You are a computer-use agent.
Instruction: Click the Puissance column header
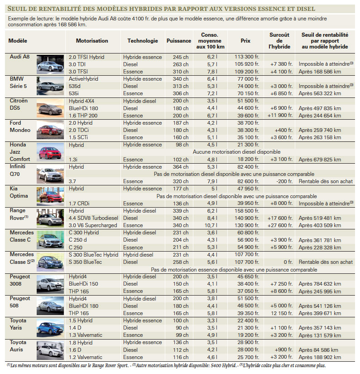click(179, 41)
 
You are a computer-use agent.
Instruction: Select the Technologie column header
click(143, 41)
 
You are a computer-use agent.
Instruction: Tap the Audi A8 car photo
click(50, 64)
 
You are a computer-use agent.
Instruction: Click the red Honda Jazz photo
click(50, 152)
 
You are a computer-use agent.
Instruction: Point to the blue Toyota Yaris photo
click(50, 328)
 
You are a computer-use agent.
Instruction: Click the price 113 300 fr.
click(247, 57)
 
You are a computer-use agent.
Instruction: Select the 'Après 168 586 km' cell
click(320, 72)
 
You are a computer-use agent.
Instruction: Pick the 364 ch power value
click(181, 167)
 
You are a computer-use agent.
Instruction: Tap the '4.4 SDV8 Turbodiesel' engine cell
click(93, 218)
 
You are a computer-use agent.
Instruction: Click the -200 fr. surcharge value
click(284, 181)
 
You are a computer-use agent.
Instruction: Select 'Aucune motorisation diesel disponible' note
click(236, 152)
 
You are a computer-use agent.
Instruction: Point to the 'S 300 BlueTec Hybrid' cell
click(93, 255)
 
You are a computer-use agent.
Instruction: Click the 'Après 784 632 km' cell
click(320, 284)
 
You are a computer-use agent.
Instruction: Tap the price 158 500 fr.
click(247, 211)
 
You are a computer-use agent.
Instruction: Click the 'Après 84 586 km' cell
click(318, 350)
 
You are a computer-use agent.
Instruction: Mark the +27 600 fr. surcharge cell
click(280, 225)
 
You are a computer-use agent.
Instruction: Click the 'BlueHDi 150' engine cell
click(83, 284)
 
